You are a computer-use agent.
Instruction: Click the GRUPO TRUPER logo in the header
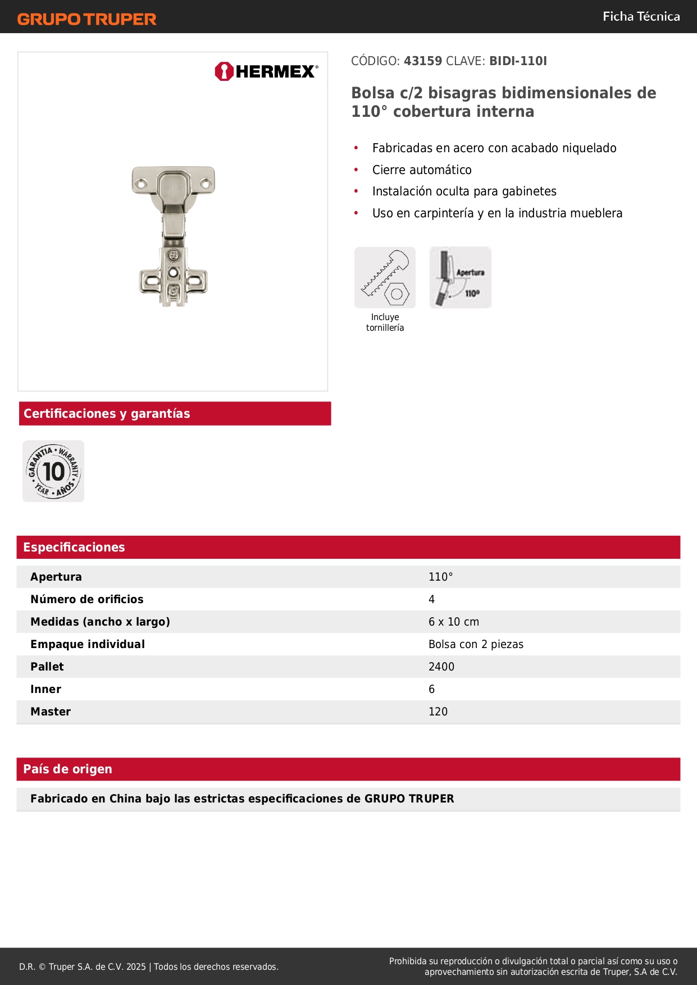click(x=86, y=19)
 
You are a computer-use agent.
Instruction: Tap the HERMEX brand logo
click(x=266, y=71)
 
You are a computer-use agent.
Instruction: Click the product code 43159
click(x=423, y=61)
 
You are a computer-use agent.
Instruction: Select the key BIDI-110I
click(x=518, y=61)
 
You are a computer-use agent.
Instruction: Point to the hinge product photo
click(x=174, y=236)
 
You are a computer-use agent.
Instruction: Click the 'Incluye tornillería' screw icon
click(x=385, y=277)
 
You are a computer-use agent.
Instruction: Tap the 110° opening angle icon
click(x=460, y=277)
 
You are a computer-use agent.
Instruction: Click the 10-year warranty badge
click(x=53, y=471)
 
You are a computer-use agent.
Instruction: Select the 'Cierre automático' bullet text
click(x=422, y=170)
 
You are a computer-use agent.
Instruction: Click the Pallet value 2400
click(x=441, y=667)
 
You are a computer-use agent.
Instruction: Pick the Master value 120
click(x=438, y=712)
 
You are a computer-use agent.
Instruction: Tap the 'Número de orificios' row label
click(x=87, y=599)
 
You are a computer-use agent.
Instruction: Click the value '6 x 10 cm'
click(x=454, y=622)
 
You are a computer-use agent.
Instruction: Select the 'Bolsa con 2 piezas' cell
click(x=476, y=644)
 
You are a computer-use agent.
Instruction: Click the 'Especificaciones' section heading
click(x=74, y=547)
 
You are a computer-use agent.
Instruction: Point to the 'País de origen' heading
click(x=67, y=769)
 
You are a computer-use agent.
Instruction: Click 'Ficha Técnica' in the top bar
click(x=641, y=16)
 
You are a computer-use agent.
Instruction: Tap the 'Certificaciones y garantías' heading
click(x=107, y=413)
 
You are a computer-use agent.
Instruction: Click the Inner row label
click(x=46, y=689)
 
